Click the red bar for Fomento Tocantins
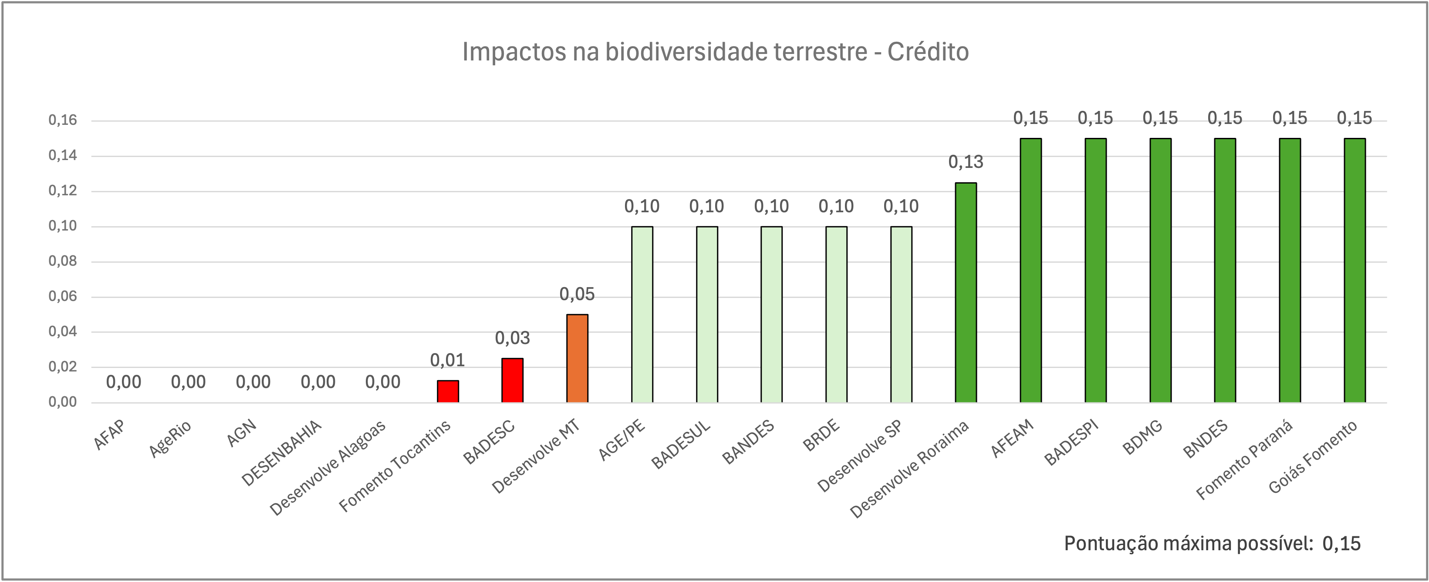(448, 391)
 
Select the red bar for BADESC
(513, 380)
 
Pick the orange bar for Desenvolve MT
(577, 358)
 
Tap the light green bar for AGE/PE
(642, 314)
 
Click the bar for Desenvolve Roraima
(966, 292)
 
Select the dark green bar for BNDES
(1225, 270)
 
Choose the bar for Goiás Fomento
(1355, 270)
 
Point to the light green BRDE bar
(836, 314)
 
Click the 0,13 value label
(966, 162)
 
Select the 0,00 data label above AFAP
(124, 382)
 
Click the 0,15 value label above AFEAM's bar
(1030, 118)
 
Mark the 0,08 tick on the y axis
(63, 261)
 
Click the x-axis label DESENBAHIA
(281, 453)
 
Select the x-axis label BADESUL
(681, 445)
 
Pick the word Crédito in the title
(928, 52)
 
